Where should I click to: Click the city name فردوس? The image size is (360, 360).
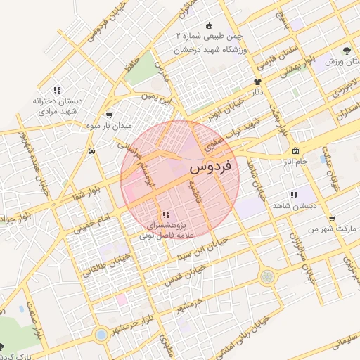click(214, 169)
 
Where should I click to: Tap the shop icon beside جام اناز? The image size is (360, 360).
click(295, 151)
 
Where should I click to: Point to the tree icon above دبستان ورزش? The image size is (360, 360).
click(347, 51)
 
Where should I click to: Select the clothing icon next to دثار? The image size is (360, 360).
click(257, 82)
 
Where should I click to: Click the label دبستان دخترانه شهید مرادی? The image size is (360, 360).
click(57, 106)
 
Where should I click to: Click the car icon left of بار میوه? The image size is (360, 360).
click(92, 150)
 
